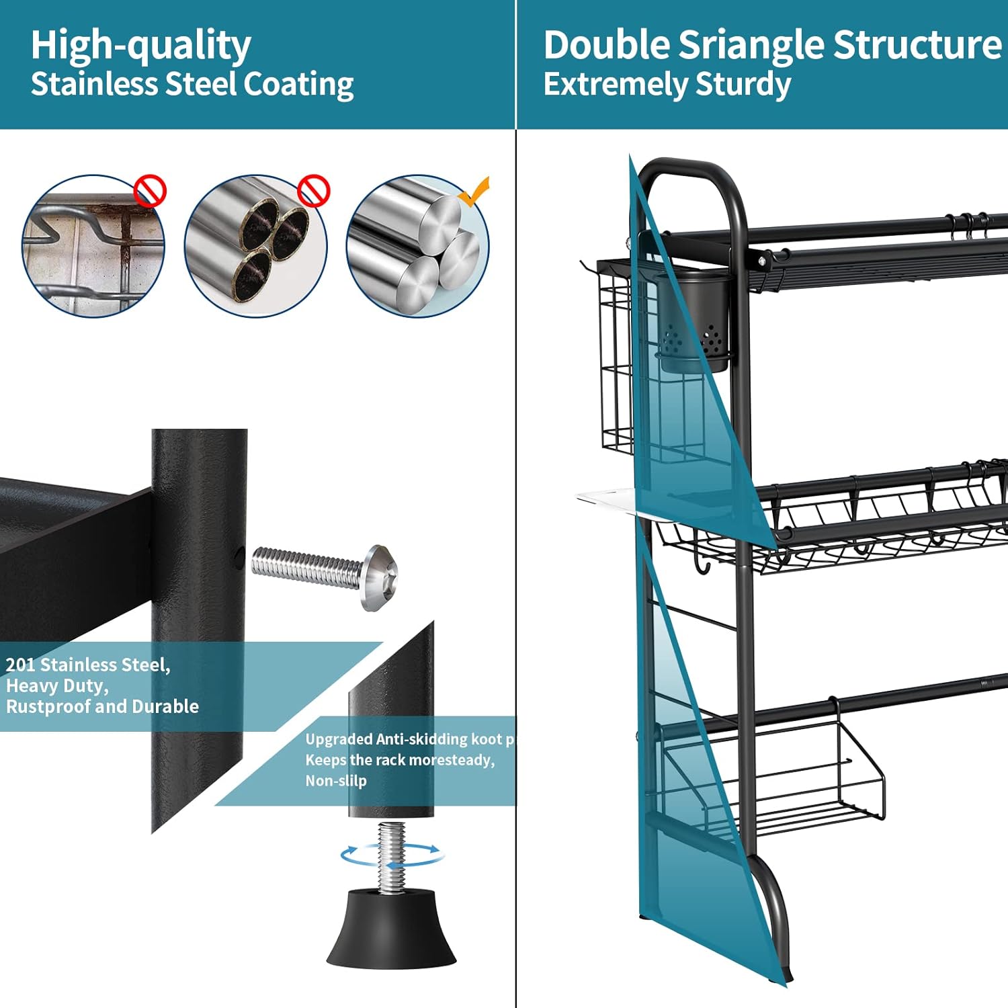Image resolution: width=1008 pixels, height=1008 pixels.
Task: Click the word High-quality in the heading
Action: pos(140,46)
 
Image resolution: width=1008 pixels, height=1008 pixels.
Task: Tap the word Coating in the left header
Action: pos(298,85)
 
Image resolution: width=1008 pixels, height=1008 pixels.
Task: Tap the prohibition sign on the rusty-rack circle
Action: pos(149,192)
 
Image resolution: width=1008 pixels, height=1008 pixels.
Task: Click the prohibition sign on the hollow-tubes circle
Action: pos(313,192)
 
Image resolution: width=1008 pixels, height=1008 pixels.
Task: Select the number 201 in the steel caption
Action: pos(20,665)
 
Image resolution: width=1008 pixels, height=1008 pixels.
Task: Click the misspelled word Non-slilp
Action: pos(336,781)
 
